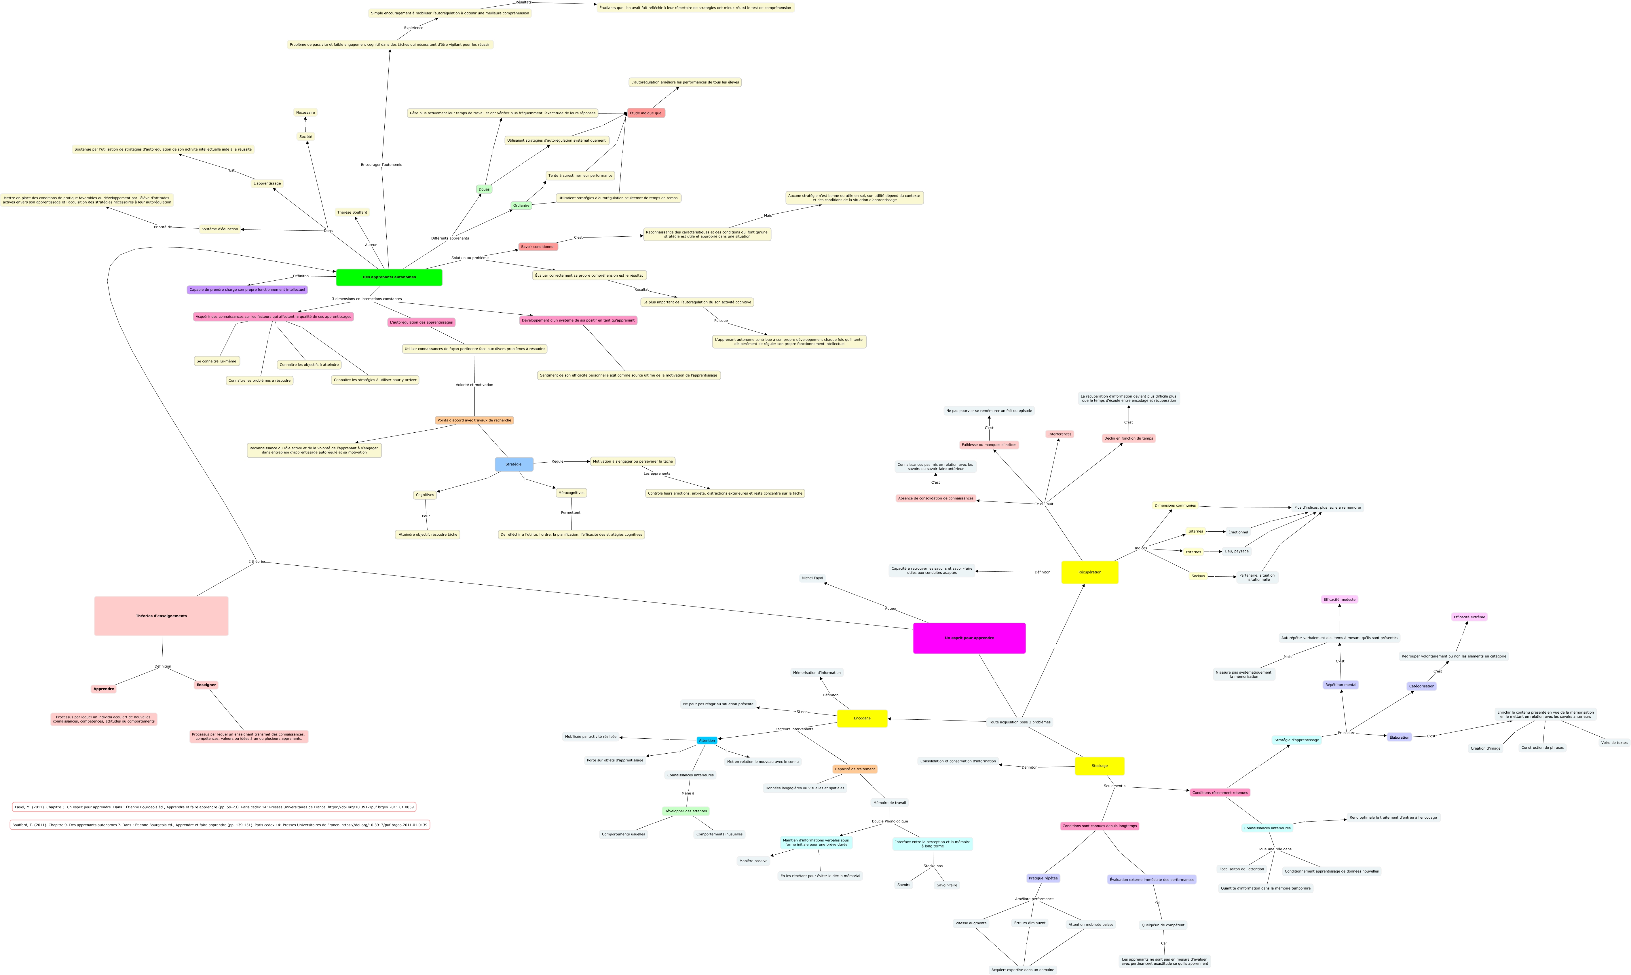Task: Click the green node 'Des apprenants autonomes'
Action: [x=389, y=277]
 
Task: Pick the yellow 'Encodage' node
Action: [x=862, y=718]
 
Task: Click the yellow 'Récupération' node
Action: [x=1089, y=572]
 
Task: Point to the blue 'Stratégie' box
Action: [x=514, y=465]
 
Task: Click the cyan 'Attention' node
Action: [x=707, y=740]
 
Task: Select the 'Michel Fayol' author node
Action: [x=812, y=578]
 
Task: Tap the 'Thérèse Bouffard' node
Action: [x=352, y=212]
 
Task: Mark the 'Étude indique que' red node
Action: [x=646, y=113]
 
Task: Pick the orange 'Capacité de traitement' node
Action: [x=855, y=769]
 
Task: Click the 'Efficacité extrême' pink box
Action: [x=1469, y=617]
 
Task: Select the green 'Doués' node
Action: [x=484, y=189]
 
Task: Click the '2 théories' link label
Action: [x=257, y=562]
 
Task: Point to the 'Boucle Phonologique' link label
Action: [x=890, y=821]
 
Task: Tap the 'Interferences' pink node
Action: [x=1059, y=434]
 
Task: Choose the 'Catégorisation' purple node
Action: [x=1421, y=686]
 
